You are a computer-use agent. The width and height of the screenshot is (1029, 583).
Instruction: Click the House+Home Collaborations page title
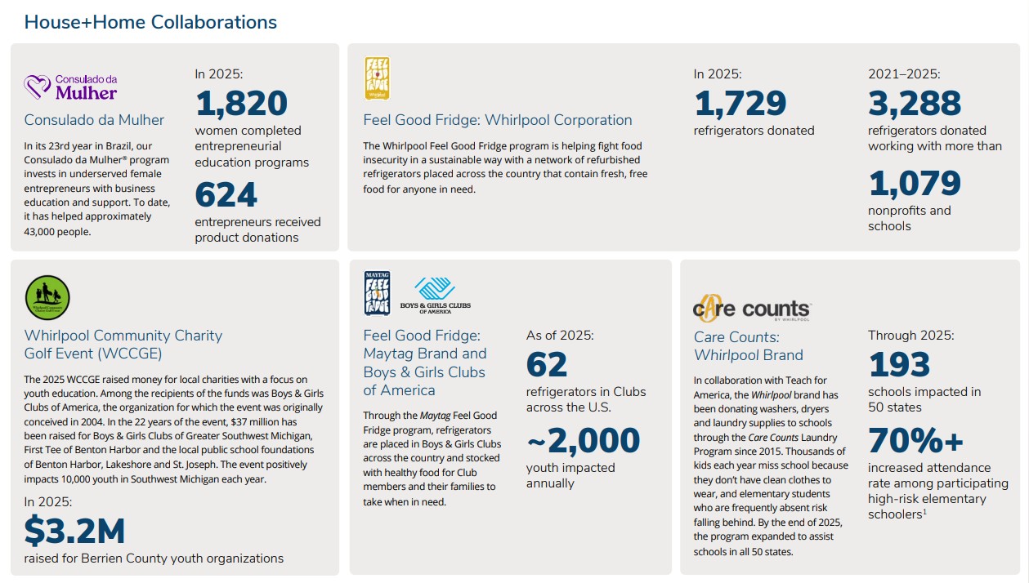tap(150, 22)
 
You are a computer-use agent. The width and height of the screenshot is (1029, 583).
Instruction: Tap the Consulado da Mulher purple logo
tap(70, 87)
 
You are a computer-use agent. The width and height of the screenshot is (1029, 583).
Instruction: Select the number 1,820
tap(241, 104)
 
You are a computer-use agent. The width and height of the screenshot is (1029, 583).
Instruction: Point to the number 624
tap(226, 195)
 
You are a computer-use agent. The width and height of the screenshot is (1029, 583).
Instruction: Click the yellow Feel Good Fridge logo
tap(377, 78)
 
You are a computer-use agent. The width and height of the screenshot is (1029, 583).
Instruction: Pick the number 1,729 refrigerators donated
tap(740, 104)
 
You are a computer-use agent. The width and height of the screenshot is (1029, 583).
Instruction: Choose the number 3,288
tap(915, 104)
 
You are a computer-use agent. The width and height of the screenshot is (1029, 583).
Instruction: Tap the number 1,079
tap(914, 184)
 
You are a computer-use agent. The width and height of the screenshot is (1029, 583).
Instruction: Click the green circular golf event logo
tap(47, 298)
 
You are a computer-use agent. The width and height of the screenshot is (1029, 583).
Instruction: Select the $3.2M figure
tap(74, 532)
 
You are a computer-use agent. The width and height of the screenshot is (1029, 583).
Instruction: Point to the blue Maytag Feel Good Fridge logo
tap(377, 293)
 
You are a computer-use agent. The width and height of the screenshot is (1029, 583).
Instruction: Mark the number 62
tap(546, 365)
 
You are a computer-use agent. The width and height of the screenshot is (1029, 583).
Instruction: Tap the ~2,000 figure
tap(583, 441)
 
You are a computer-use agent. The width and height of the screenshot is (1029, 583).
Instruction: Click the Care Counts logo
tap(751, 308)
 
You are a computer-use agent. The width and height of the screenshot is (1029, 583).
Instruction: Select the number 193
tap(899, 365)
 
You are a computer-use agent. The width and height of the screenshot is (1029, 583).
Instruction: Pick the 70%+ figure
tap(916, 441)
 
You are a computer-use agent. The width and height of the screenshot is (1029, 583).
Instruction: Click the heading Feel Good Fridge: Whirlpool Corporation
tap(498, 120)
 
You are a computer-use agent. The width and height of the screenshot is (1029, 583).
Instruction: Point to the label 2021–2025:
tap(904, 74)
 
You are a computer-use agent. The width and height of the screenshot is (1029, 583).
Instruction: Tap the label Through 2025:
tap(910, 335)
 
